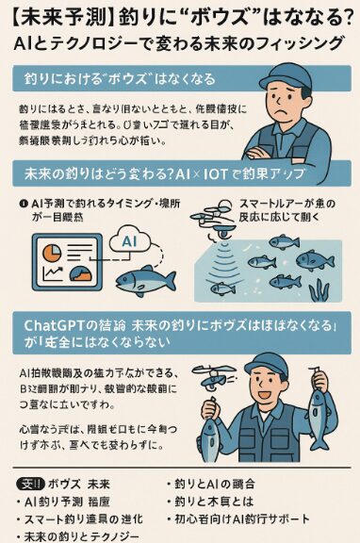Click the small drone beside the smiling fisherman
pyautogui.click(x=214, y=381)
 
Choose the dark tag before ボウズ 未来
pyautogui.click(x=29, y=485)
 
